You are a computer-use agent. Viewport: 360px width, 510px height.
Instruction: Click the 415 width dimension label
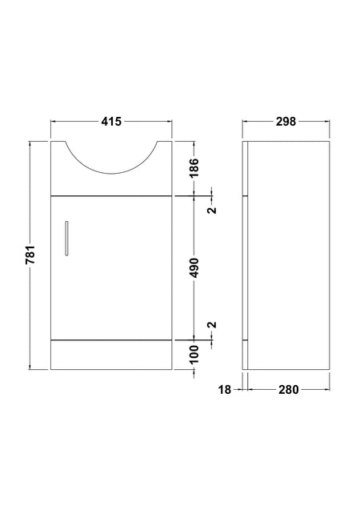point(111,122)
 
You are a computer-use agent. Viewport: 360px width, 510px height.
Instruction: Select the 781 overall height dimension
point(30,255)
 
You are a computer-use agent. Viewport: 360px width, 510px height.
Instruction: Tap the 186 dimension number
point(194,167)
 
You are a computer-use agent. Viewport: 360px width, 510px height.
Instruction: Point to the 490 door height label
point(194,267)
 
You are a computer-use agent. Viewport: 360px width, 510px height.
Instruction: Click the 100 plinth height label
point(194,354)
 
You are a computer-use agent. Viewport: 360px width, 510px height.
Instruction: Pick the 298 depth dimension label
point(286,122)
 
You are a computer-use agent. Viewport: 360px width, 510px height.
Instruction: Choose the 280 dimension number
point(289,389)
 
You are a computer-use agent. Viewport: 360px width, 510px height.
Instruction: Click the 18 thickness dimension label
point(224,389)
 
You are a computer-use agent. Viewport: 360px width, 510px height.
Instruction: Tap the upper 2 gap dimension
point(212,210)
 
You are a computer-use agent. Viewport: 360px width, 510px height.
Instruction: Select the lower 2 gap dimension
point(212,324)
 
